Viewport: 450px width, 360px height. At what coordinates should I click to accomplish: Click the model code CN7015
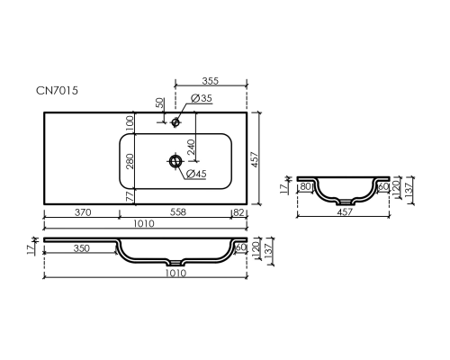point(57,90)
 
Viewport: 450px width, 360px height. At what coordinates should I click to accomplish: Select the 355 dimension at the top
point(211,81)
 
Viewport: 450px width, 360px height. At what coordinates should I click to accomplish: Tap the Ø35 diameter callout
point(202,98)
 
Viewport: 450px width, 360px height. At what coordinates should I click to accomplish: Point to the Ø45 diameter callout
point(196,174)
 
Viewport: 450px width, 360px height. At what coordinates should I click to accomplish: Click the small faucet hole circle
point(175,122)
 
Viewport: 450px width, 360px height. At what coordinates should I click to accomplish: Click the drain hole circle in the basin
point(175,161)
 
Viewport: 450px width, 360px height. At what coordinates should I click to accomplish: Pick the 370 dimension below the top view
point(83,212)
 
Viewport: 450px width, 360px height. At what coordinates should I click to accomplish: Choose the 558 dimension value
point(178,212)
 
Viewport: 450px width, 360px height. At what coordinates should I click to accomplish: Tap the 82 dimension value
point(238,212)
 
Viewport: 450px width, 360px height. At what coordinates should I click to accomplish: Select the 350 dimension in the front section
point(81,248)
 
